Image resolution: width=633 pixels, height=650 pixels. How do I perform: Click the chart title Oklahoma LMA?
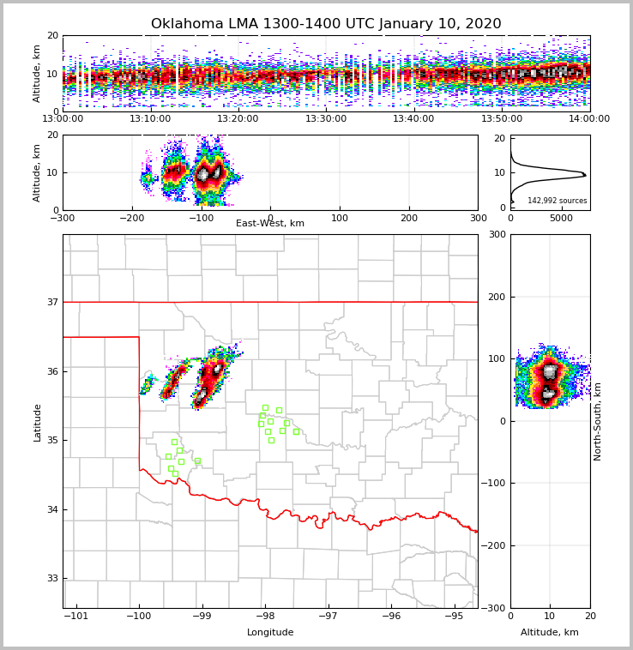(326, 24)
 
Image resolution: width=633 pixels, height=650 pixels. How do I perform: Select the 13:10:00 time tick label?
(151, 119)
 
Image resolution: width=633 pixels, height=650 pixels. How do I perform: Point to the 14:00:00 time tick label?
(589, 119)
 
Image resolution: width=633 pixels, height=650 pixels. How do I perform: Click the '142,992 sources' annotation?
(558, 201)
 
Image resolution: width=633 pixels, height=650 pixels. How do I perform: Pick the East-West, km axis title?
(270, 224)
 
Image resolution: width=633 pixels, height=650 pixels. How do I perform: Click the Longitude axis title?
(270, 633)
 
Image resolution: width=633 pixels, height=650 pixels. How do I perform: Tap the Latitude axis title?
(38, 422)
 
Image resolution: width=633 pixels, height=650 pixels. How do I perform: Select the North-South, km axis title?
(598, 421)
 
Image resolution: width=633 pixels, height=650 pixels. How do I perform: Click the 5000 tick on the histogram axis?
(561, 218)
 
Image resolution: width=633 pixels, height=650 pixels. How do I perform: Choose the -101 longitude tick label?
(76, 617)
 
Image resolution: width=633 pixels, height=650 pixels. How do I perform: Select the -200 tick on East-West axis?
(132, 218)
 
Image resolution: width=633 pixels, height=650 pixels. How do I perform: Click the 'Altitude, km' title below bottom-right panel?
(550, 633)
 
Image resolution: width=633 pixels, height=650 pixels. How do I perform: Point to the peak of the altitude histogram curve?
(585, 174)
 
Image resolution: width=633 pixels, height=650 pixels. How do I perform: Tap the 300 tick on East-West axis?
(478, 218)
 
